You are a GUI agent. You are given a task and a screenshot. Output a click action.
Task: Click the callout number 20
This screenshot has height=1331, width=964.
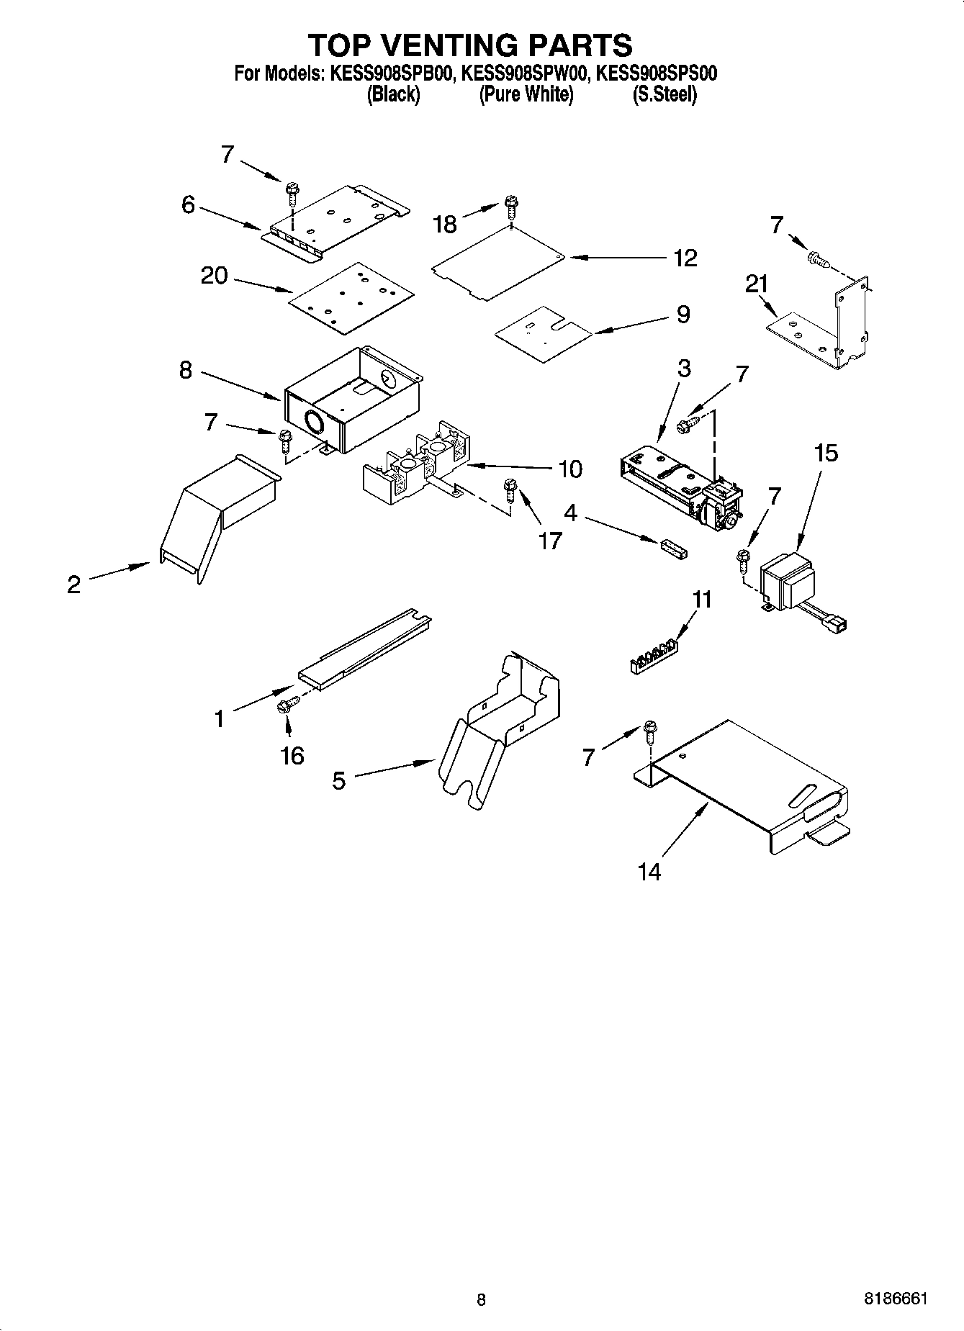coord(214,276)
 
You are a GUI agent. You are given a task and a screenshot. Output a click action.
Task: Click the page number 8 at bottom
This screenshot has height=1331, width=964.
coord(481,1299)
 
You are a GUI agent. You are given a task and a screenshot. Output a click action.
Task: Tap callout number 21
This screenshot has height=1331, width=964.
coord(757,285)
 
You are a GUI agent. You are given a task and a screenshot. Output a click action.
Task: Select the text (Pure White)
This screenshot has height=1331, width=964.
coord(526,94)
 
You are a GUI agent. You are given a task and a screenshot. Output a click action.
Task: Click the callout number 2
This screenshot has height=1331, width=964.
coord(73,585)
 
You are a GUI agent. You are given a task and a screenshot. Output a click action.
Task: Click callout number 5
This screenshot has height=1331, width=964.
coord(338,780)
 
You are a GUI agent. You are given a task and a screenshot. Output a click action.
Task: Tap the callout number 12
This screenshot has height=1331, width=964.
coord(685,258)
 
